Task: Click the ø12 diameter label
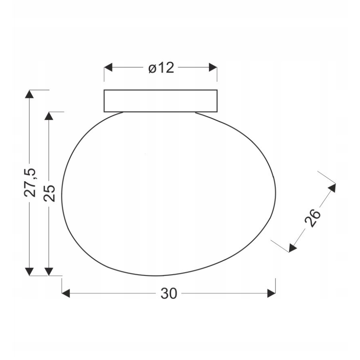pyautogui.click(x=161, y=68)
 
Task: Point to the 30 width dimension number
pyautogui.click(x=169, y=294)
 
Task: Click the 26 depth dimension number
pyautogui.click(x=313, y=218)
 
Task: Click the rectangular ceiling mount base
pyautogui.click(x=161, y=101)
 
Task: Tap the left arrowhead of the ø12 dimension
pyautogui.click(x=108, y=68)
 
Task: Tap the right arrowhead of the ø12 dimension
pyautogui.click(x=213, y=68)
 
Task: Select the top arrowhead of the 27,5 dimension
pyautogui.click(x=29, y=94)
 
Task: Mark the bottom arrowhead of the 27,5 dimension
pyautogui.click(x=29, y=271)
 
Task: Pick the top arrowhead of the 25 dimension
pyautogui.click(x=49, y=116)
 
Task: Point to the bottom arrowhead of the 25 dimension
pyautogui.click(x=49, y=271)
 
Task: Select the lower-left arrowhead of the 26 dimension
pyautogui.click(x=292, y=248)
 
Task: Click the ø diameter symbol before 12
pyautogui.click(x=152, y=68)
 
